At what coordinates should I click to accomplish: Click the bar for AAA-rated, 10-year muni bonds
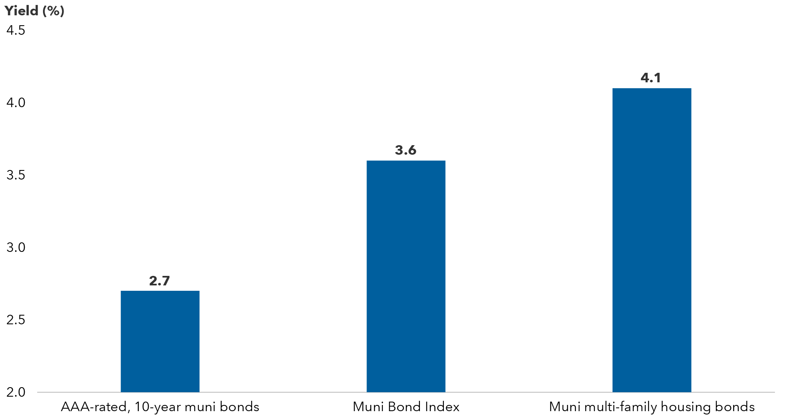coord(160,341)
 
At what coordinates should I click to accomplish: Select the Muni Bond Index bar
coord(406,276)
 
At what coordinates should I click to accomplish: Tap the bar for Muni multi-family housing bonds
coord(651,240)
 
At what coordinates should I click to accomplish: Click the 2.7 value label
coord(160,281)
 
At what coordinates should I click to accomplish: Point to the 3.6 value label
coord(405,150)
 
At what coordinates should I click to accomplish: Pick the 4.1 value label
coord(651,78)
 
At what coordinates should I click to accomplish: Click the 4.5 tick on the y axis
coord(16,30)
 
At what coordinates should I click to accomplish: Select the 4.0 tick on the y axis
coord(16,103)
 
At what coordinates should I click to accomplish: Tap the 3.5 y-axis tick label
coord(16,175)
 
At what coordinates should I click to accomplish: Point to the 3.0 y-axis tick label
coord(16,247)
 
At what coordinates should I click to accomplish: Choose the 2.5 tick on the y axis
coord(16,320)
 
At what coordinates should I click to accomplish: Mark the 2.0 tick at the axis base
coord(16,392)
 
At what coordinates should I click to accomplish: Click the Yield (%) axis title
coord(34,10)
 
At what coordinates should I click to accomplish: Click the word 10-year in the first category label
coord(157,407)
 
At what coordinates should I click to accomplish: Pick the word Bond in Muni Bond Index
coord(403,407)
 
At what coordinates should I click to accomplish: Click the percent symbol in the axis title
coord(53,11)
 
